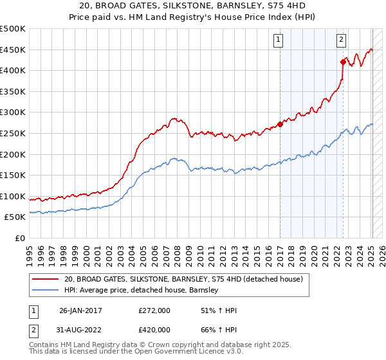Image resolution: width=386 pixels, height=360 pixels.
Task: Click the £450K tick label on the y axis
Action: tap(13, 50)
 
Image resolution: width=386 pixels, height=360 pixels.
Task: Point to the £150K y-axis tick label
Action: tap(13, 175)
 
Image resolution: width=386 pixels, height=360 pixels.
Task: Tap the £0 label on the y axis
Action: tap(20, 238)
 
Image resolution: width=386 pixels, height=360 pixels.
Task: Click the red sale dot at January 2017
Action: tap(280, 124)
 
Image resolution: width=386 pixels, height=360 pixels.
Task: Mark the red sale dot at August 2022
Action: tap(342, 62)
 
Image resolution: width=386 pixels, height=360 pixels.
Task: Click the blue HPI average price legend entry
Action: tap(142, 291)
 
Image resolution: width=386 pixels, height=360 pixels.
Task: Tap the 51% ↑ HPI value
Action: tap(219, 310)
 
